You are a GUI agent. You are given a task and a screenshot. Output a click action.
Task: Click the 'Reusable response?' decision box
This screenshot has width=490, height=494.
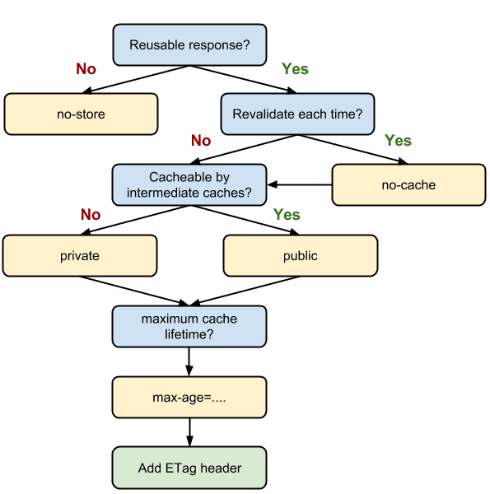(x=190, y=44)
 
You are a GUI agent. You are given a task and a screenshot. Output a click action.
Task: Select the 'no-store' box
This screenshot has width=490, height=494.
(x=80, y=114)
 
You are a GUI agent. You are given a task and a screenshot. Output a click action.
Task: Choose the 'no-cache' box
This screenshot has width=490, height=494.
(x=408, y=185)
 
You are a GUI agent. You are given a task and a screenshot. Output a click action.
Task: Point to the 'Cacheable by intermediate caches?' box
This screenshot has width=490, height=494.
(x=190, y=185)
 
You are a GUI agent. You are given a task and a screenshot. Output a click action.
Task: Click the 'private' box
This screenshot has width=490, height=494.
(x=80, y=256)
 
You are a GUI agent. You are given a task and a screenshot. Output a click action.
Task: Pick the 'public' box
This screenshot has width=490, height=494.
(x=300, y=256)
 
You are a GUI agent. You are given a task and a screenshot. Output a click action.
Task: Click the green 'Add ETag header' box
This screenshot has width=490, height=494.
(x=190, y=468)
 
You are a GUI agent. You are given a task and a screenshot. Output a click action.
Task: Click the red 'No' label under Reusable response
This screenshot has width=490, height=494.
(x=86, y=69)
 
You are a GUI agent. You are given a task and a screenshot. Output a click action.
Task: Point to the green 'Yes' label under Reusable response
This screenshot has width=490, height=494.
(x=295, y=69)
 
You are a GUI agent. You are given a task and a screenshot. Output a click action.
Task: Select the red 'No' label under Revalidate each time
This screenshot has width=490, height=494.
(x=201, y=141)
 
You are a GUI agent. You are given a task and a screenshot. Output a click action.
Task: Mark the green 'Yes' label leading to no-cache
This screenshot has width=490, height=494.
(x=398, y=141)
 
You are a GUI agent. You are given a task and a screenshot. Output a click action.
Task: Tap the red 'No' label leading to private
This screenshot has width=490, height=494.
(x=91, y=215)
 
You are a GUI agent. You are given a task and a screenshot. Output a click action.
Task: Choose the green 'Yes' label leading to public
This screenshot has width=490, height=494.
(x=287, y=215)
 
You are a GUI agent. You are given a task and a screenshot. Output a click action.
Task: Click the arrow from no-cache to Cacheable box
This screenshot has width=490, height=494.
(x=300, y=184)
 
